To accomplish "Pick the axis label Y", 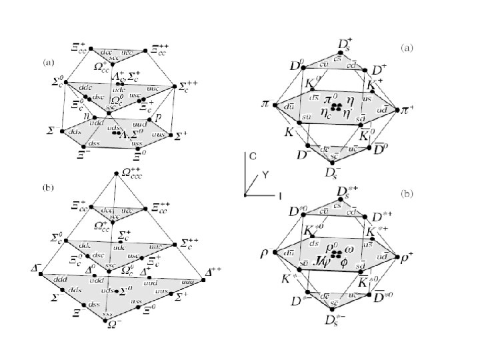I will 265,174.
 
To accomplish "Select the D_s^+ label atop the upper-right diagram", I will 346,45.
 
